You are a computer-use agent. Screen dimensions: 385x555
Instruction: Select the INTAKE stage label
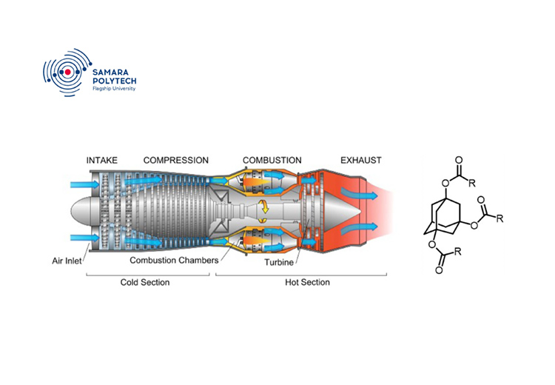click(x=102, y=160)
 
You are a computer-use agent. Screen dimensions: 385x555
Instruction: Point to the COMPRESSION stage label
click(x=176, y=160)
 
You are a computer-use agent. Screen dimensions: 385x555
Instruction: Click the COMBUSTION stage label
click(x=272, y=160)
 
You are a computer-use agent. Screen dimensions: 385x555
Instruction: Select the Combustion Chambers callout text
click(x=174, y=261)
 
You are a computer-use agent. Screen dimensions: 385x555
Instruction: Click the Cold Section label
click(x=145, y=282)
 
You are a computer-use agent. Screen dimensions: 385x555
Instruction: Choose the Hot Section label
click(x=308, y=282)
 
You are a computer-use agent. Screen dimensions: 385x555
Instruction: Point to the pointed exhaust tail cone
click(x=348, y=212)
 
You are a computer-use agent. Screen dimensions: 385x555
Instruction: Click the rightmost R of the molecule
click(x=501, y=218)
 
